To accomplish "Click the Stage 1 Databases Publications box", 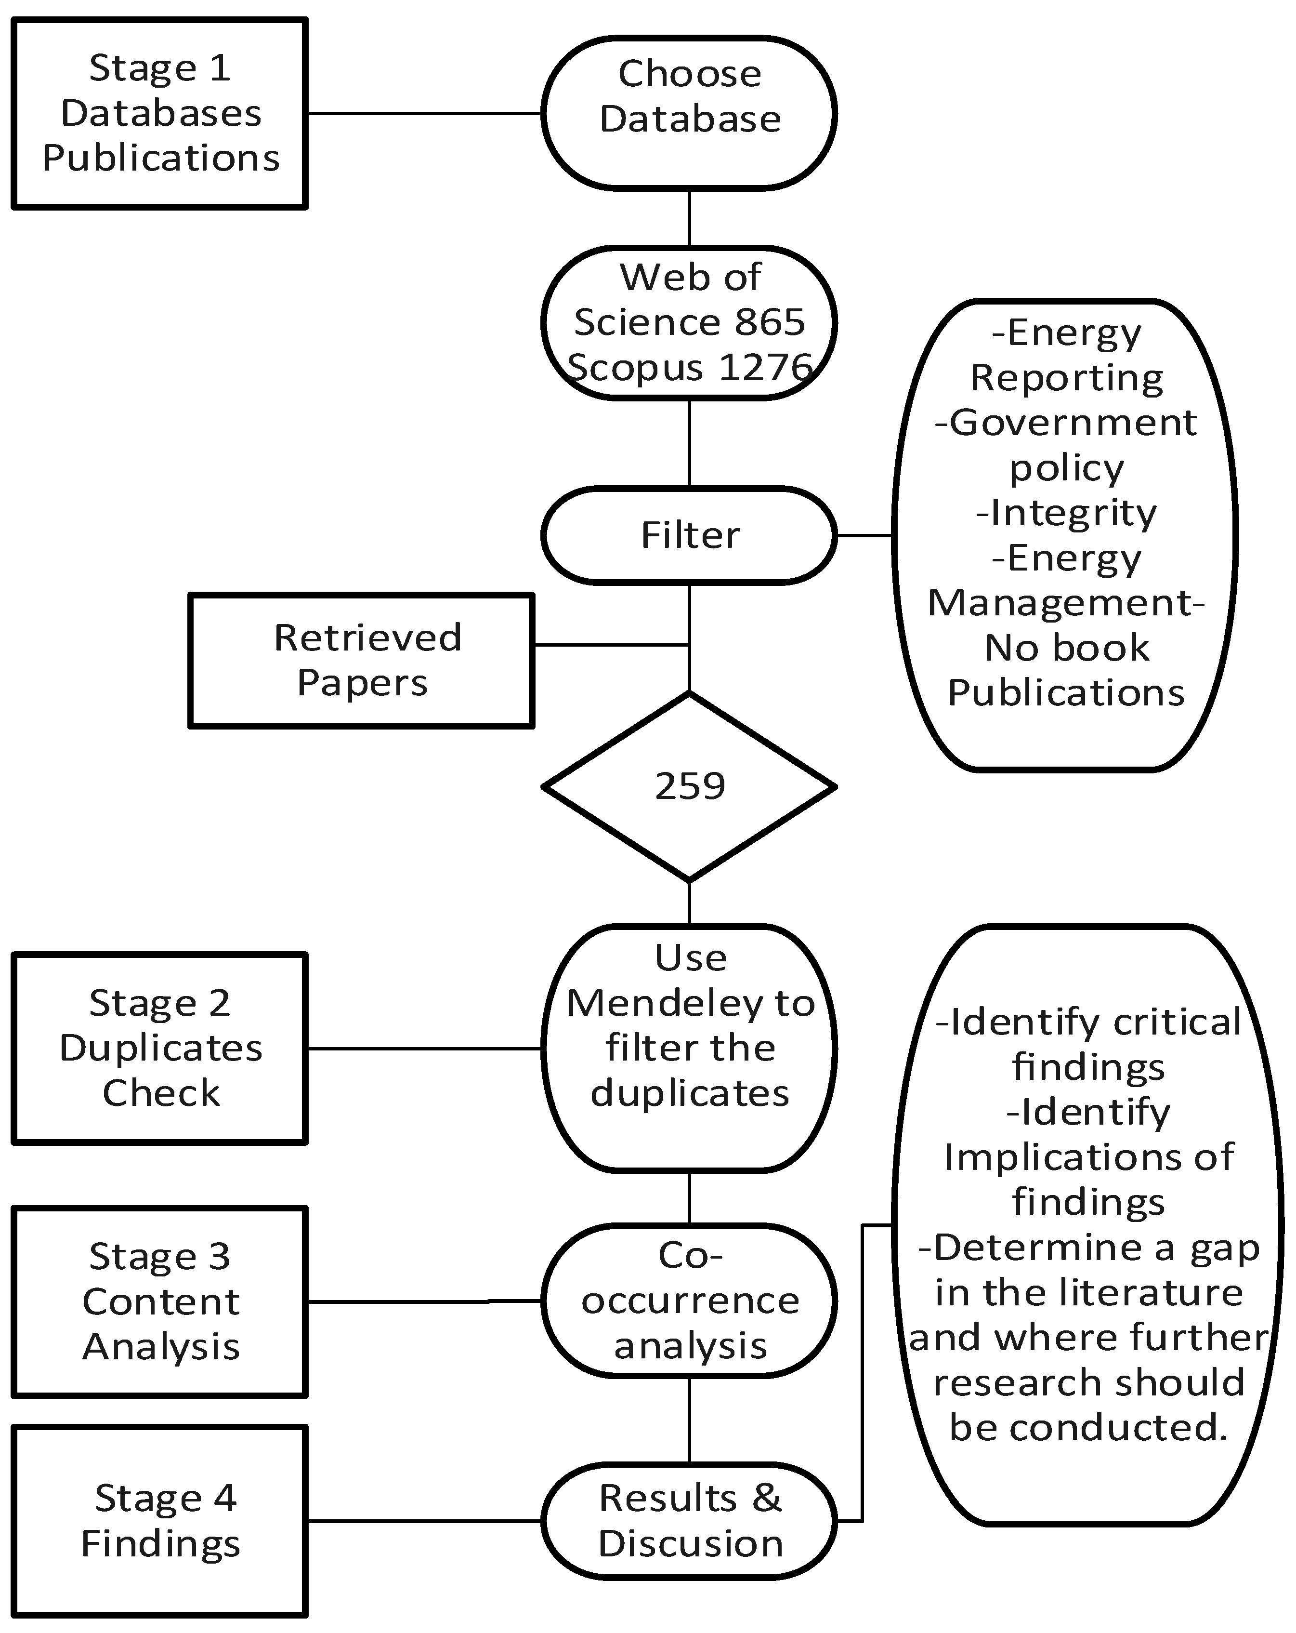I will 160,114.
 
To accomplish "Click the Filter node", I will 689,535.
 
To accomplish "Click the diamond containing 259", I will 689,786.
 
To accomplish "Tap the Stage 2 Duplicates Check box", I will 160,1048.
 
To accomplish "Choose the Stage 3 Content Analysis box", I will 160,1301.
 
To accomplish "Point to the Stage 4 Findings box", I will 160,1521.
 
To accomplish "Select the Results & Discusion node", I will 689,1521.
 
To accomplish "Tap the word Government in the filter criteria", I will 1073,423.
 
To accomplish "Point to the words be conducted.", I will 1088,1428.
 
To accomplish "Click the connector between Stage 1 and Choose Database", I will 424,114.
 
